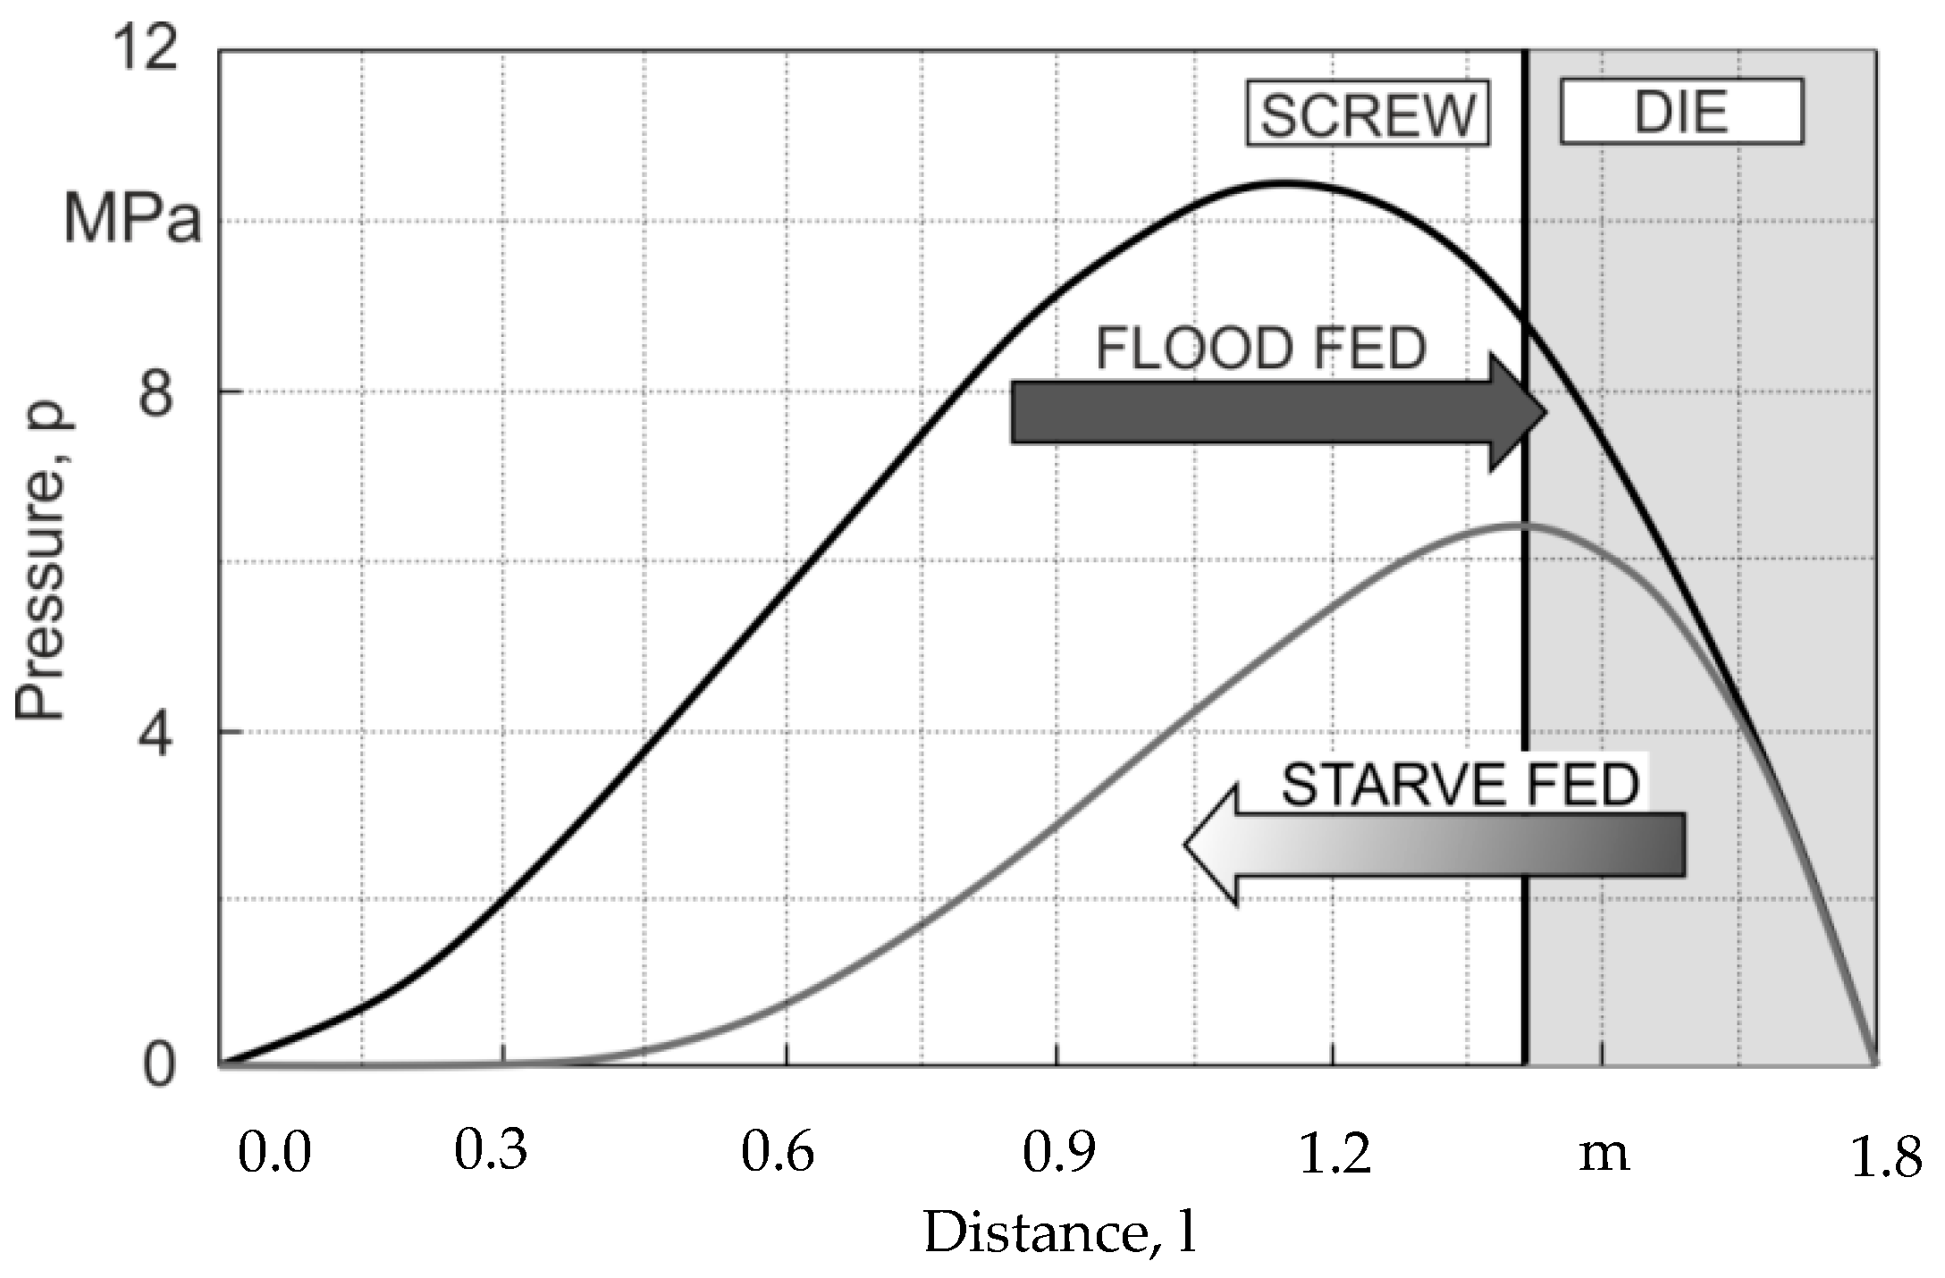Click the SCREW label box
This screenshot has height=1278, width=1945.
(x=1368, y=114)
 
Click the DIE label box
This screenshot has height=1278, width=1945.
(x=1680, y=112)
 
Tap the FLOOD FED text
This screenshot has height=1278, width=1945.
(x=1260, y=349)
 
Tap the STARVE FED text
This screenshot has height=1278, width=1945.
(x=1460, y=786)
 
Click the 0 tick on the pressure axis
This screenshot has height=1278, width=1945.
(x=158, y=1065)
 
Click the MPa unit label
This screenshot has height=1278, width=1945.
(x=132, y=219)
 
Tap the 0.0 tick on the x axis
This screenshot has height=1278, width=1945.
(x=274, y=1153)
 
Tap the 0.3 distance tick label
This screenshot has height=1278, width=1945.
(x=491, y=1151)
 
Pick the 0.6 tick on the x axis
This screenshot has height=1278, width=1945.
(x=777, y=1153)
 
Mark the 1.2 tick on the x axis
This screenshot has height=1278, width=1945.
(x=1334, y=1153)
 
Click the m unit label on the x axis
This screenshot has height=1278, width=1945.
(x=1604, y=1155)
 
